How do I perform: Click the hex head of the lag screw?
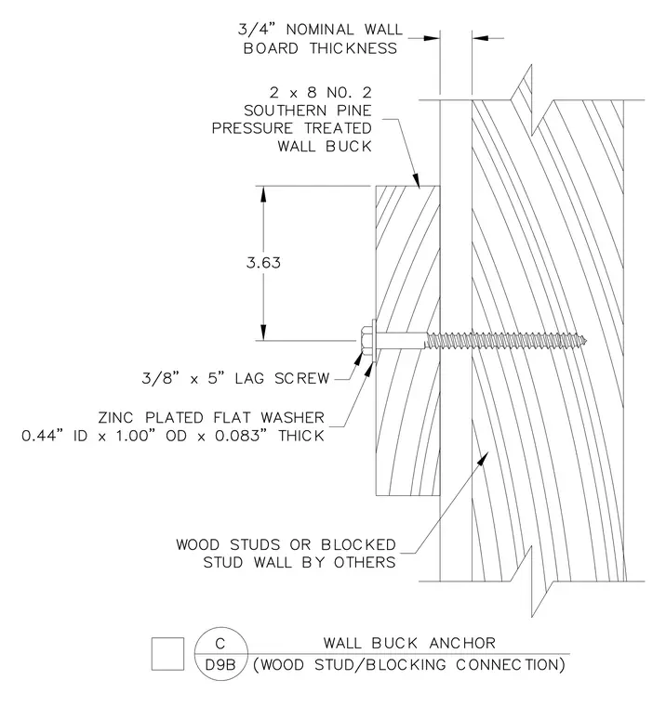[366, 341]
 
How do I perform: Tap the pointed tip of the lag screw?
[587, 341]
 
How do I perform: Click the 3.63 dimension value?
[263, 263]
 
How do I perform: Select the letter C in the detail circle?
[220, 644]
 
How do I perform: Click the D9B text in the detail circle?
[220, 664]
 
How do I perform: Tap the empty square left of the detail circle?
[167, 654]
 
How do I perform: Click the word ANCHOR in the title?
[462, 643]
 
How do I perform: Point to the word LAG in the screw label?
[249, 378]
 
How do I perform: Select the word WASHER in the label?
[293, 418]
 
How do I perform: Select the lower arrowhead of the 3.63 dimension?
[263, 333]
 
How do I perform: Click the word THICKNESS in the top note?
[353, 48]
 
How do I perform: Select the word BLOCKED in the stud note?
[358, 544]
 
